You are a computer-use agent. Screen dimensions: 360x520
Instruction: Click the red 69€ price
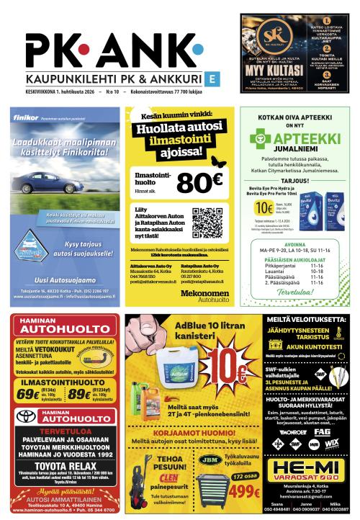pos(27,394)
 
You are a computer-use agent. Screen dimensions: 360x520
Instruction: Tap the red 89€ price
pos(78,394)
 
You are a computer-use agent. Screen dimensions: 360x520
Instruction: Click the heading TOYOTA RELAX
pos(60,467)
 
